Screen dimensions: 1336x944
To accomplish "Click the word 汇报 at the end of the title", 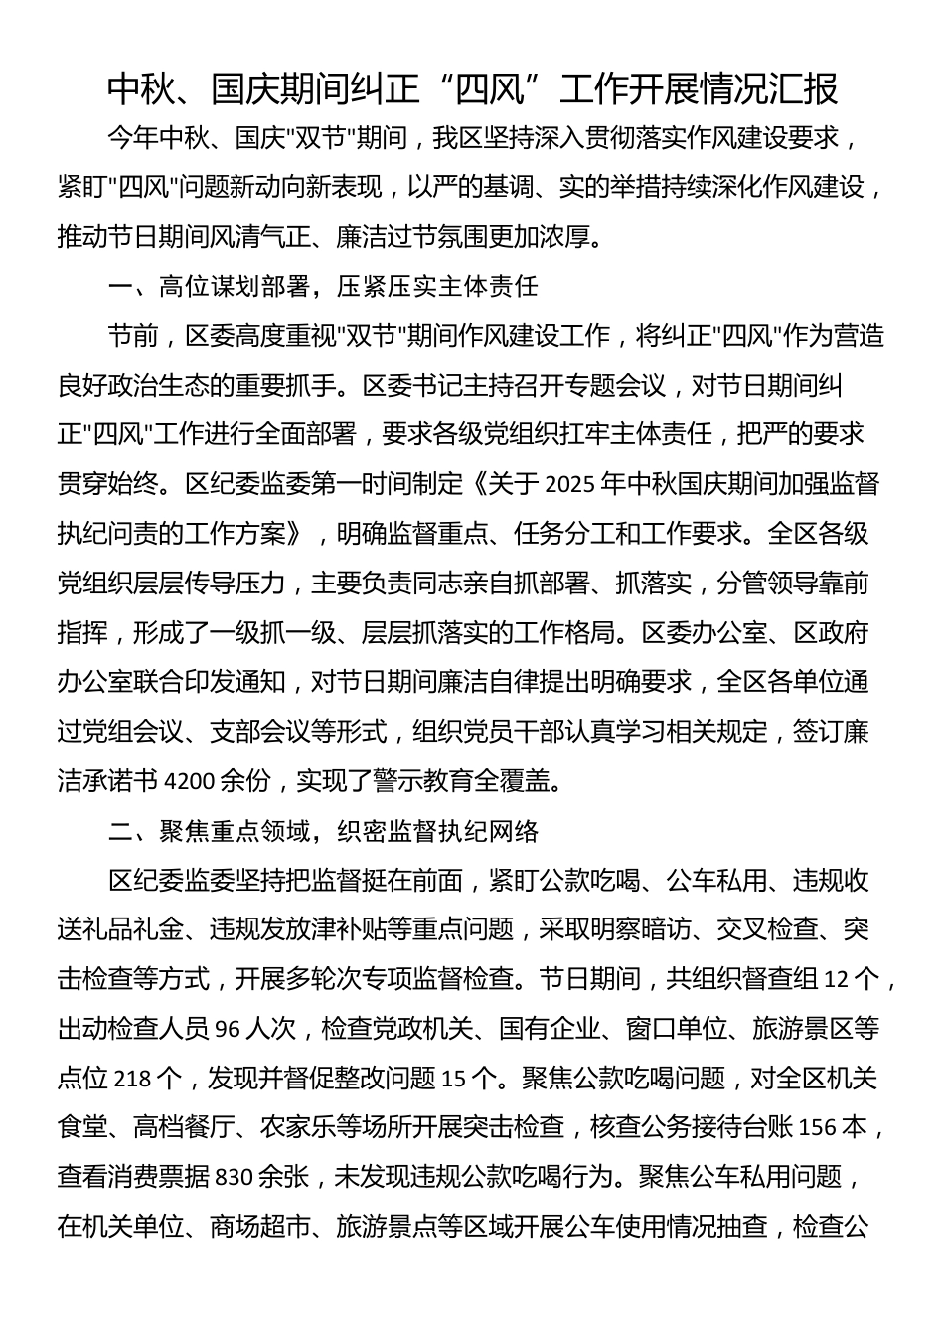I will coord(812,89).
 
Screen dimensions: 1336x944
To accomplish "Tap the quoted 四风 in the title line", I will coord(493,89).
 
